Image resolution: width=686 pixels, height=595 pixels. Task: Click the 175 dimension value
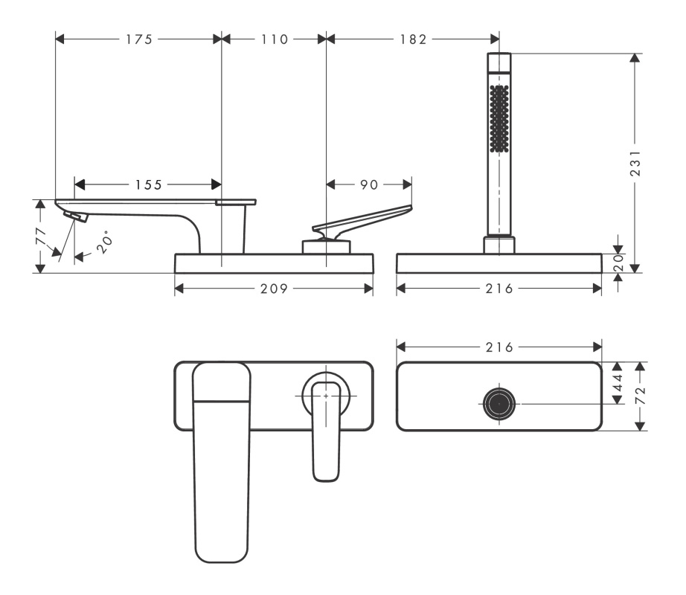pos(139,39)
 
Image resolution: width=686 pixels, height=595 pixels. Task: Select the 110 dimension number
pos(275,39)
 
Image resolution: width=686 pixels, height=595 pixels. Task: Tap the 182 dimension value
pos(413,39)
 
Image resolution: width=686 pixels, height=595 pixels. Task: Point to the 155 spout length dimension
pos(148,184)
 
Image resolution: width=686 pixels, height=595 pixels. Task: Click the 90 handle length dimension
pos(369,184)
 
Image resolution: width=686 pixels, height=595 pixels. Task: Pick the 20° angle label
pos(105,243)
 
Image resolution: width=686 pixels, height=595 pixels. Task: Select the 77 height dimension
pos(41,237)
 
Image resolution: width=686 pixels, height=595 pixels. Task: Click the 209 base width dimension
pos(275,289)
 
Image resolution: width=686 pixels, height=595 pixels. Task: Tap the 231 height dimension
pos(635,163)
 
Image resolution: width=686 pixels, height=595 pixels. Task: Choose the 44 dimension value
pos(618,383)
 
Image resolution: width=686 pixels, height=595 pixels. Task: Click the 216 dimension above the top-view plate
pos(499,347)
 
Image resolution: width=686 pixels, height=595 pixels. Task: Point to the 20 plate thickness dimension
pos(618,263)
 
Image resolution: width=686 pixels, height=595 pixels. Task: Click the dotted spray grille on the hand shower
pos(499,118)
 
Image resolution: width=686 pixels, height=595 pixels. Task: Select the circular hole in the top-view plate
pos(499,404)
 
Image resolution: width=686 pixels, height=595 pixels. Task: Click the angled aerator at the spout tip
pos(76,216)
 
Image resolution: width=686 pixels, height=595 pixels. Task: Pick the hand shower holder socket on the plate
pos(499,245)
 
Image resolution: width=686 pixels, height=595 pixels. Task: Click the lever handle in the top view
pos(327,431)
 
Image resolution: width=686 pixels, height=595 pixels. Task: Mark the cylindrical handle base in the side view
pos(327,247)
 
